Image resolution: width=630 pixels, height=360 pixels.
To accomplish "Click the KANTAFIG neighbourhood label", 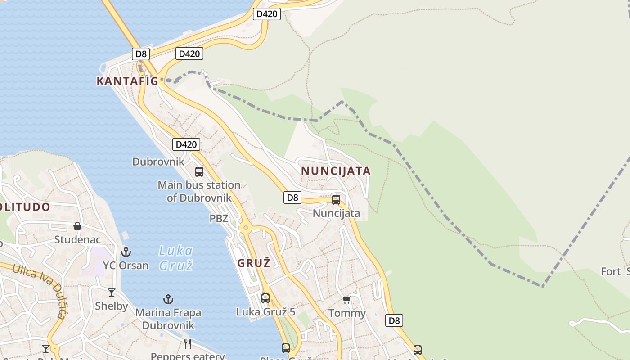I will [127, 81].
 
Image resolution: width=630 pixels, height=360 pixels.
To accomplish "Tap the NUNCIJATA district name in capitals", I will [336, 171].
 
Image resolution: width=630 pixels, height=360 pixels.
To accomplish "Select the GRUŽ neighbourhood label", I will [254, 263].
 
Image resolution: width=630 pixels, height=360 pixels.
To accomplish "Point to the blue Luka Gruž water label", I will [176, 258].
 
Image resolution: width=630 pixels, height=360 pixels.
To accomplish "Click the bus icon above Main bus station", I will [199, 171].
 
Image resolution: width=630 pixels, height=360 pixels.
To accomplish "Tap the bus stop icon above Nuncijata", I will [336, 200].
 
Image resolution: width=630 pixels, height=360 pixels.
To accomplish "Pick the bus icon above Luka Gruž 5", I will [265, 298].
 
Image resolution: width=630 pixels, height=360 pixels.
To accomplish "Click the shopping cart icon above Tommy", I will [346, 300].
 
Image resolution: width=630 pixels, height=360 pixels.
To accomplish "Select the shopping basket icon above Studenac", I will [77, 226].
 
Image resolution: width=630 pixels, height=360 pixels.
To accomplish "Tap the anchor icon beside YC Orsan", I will [126, 252].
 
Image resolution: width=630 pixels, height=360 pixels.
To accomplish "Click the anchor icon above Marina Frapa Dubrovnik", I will [168, 299].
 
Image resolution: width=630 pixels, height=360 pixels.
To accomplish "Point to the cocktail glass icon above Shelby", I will [112, 292].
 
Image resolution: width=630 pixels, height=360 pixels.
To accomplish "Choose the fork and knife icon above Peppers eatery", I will [188, 344].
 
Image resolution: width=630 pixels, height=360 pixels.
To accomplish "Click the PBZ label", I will [219, 219].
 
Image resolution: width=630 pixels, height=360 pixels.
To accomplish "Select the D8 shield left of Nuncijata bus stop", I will [292, 197].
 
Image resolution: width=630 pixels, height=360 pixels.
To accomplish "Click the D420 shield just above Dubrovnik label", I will [186, 144].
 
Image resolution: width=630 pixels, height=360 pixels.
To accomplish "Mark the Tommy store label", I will [347, 313].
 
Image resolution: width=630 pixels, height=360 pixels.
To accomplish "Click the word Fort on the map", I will [611, 271].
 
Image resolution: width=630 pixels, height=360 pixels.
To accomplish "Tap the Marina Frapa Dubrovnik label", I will [168, 319].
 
